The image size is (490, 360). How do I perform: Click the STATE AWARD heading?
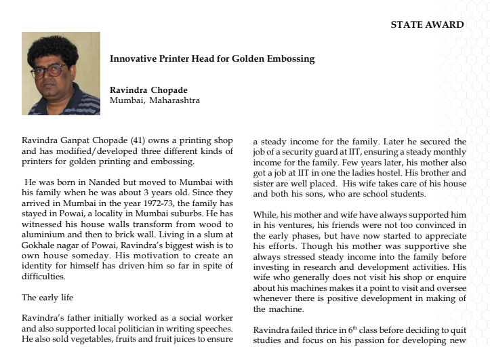[427, 24]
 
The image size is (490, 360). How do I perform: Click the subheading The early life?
[47, 297]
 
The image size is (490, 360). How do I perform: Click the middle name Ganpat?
[73, 141]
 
